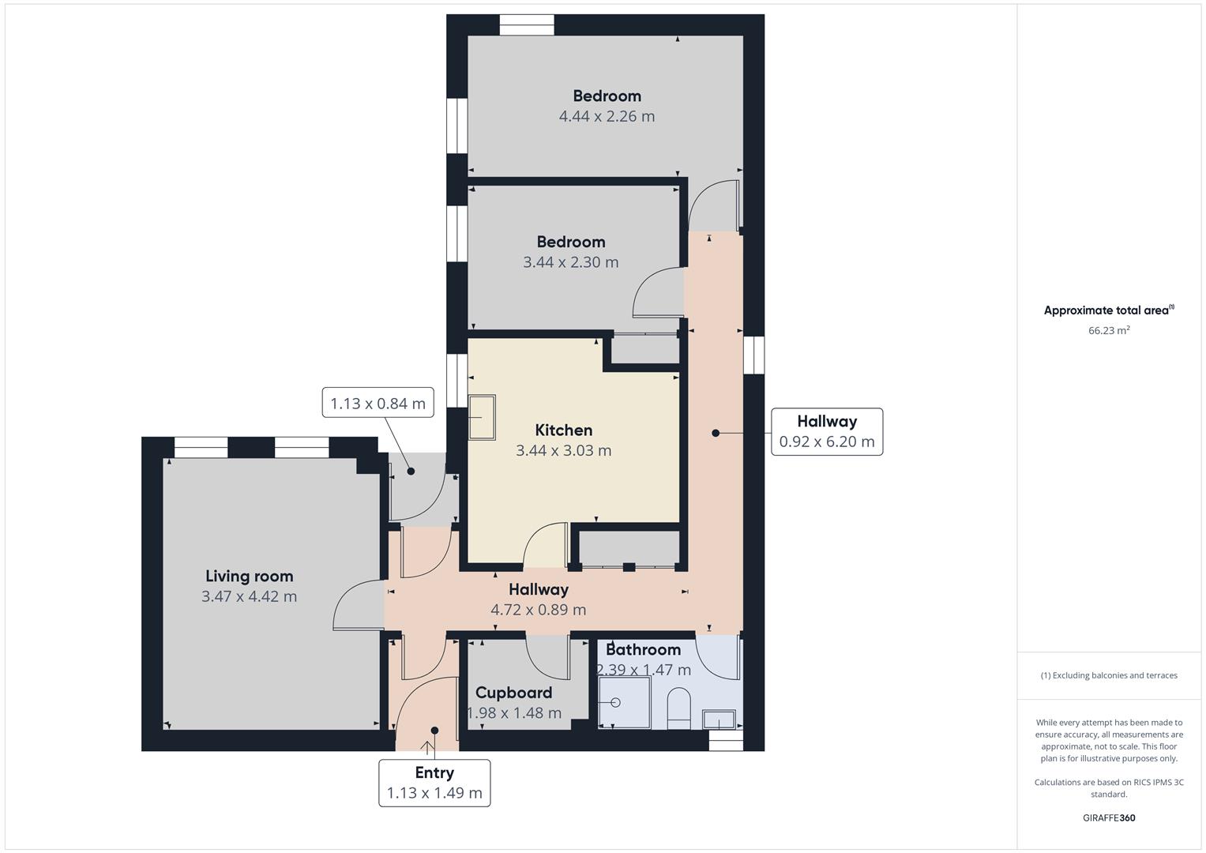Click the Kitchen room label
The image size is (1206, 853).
(563, 430)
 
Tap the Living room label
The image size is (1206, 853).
(249, 577)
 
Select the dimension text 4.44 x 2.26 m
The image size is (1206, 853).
(607, 116)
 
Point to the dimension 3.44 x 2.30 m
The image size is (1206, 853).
(570, 262)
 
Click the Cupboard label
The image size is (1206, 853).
(513, 693)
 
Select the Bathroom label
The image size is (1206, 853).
(643, 650)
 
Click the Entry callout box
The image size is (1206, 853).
(434, 783)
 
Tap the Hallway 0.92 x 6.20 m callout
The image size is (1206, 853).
(826, 431)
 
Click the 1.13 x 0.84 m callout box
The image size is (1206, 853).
(378, 404)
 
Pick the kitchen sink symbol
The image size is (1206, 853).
(483, 417)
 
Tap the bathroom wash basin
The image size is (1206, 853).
(719, 720)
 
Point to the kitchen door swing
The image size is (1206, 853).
(545, 545)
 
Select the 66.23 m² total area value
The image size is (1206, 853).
(1109, 331)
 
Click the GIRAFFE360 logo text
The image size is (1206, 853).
(1109, 817)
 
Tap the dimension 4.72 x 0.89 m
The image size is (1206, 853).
(538, 610)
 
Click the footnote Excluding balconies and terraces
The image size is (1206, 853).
(1109, 675)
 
